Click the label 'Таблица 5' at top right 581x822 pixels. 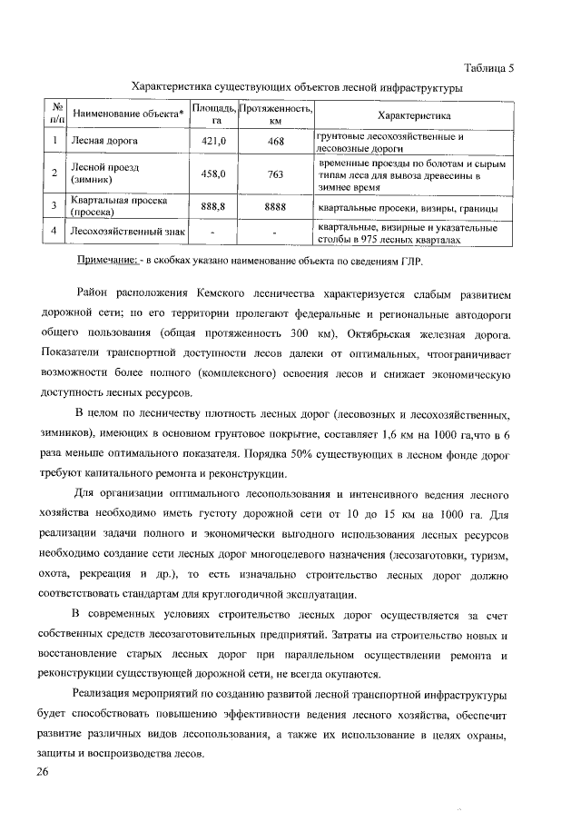488,69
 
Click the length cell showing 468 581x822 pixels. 276,142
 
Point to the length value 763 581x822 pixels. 276,173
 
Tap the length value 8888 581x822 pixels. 276,207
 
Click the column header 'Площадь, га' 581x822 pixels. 212,114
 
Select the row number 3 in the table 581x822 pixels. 55,207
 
